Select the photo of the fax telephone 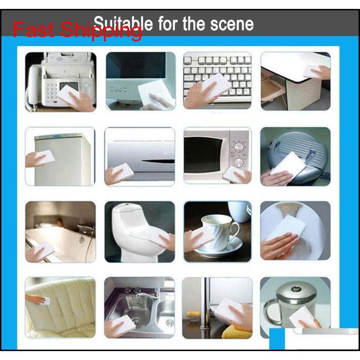click(61, 81)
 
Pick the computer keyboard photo click(217, 81)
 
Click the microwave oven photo click(217, 155)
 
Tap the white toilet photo click(139, 231)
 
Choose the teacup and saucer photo click(217, 231)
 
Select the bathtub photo click(61, 231)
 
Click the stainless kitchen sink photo click(139, 307)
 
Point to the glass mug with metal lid click(295, 307)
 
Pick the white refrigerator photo click(61, 155)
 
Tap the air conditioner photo click(139, 155)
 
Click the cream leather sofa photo click(61, 307)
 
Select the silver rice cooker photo click(295, 155)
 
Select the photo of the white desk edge click(295, 81)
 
